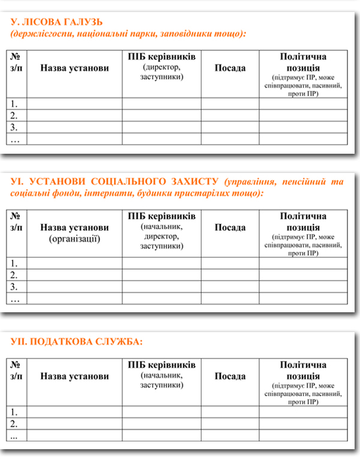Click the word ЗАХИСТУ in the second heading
point(194,181)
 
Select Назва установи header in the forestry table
point(75,68)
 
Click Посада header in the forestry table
point(230,68)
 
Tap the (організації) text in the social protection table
point(75,238)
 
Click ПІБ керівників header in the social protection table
point(161,216)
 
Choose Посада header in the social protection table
point(230,228)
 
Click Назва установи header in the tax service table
point(75,377)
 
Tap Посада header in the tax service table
point(230,377)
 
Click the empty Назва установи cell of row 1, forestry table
point(75,103)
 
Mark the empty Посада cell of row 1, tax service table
point(230,412)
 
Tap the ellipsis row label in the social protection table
point(15,298)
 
